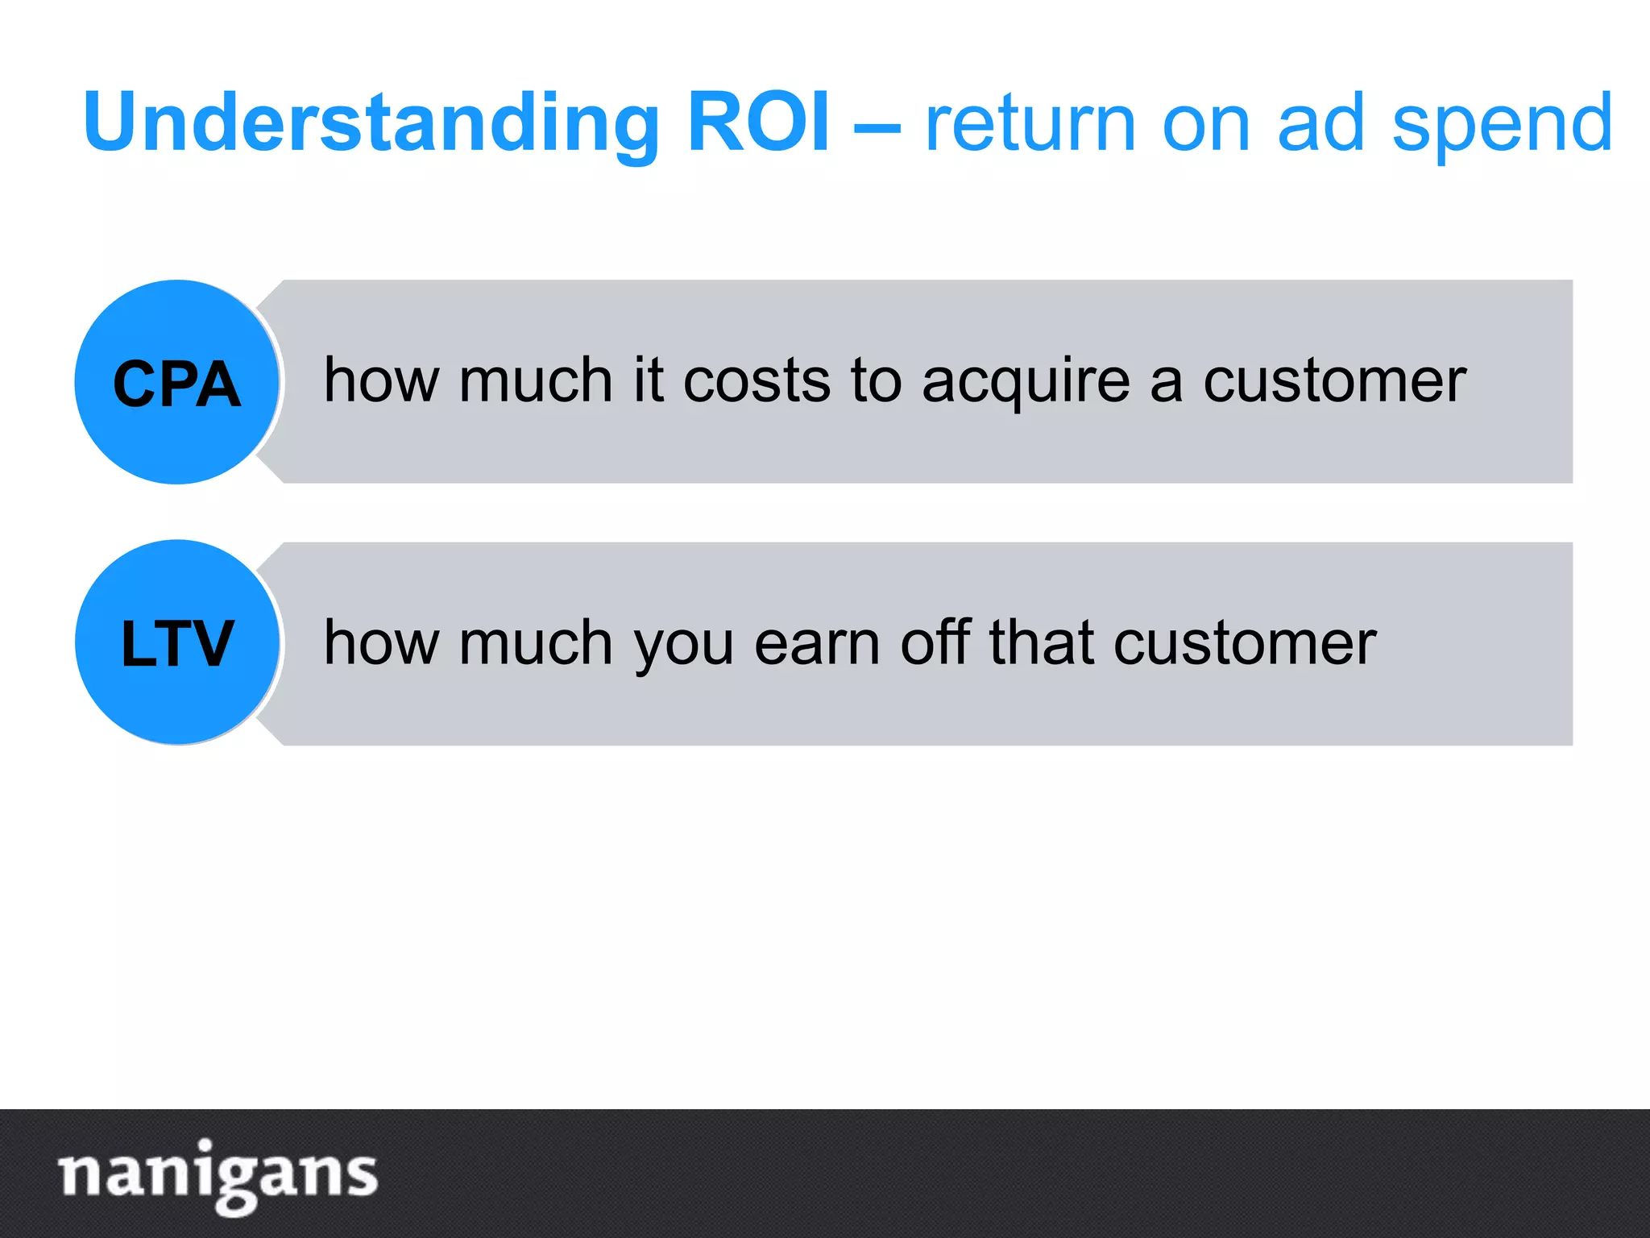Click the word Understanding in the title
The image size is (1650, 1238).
pos(371,123)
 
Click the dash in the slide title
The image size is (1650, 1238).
pos(877,125)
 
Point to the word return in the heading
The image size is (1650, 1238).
pos(1030,123)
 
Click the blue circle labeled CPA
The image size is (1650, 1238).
pos(177,382)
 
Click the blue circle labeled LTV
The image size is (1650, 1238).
pos(177,642)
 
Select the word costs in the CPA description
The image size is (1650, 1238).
pos(757,380)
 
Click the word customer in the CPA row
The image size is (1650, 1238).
pos(1334,380)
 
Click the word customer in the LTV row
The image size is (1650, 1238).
pos(1245,642)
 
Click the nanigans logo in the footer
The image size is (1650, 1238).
pos(218,1174)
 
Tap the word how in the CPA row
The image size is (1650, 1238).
pos(381,380)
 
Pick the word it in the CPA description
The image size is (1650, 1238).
pos(649,380)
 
